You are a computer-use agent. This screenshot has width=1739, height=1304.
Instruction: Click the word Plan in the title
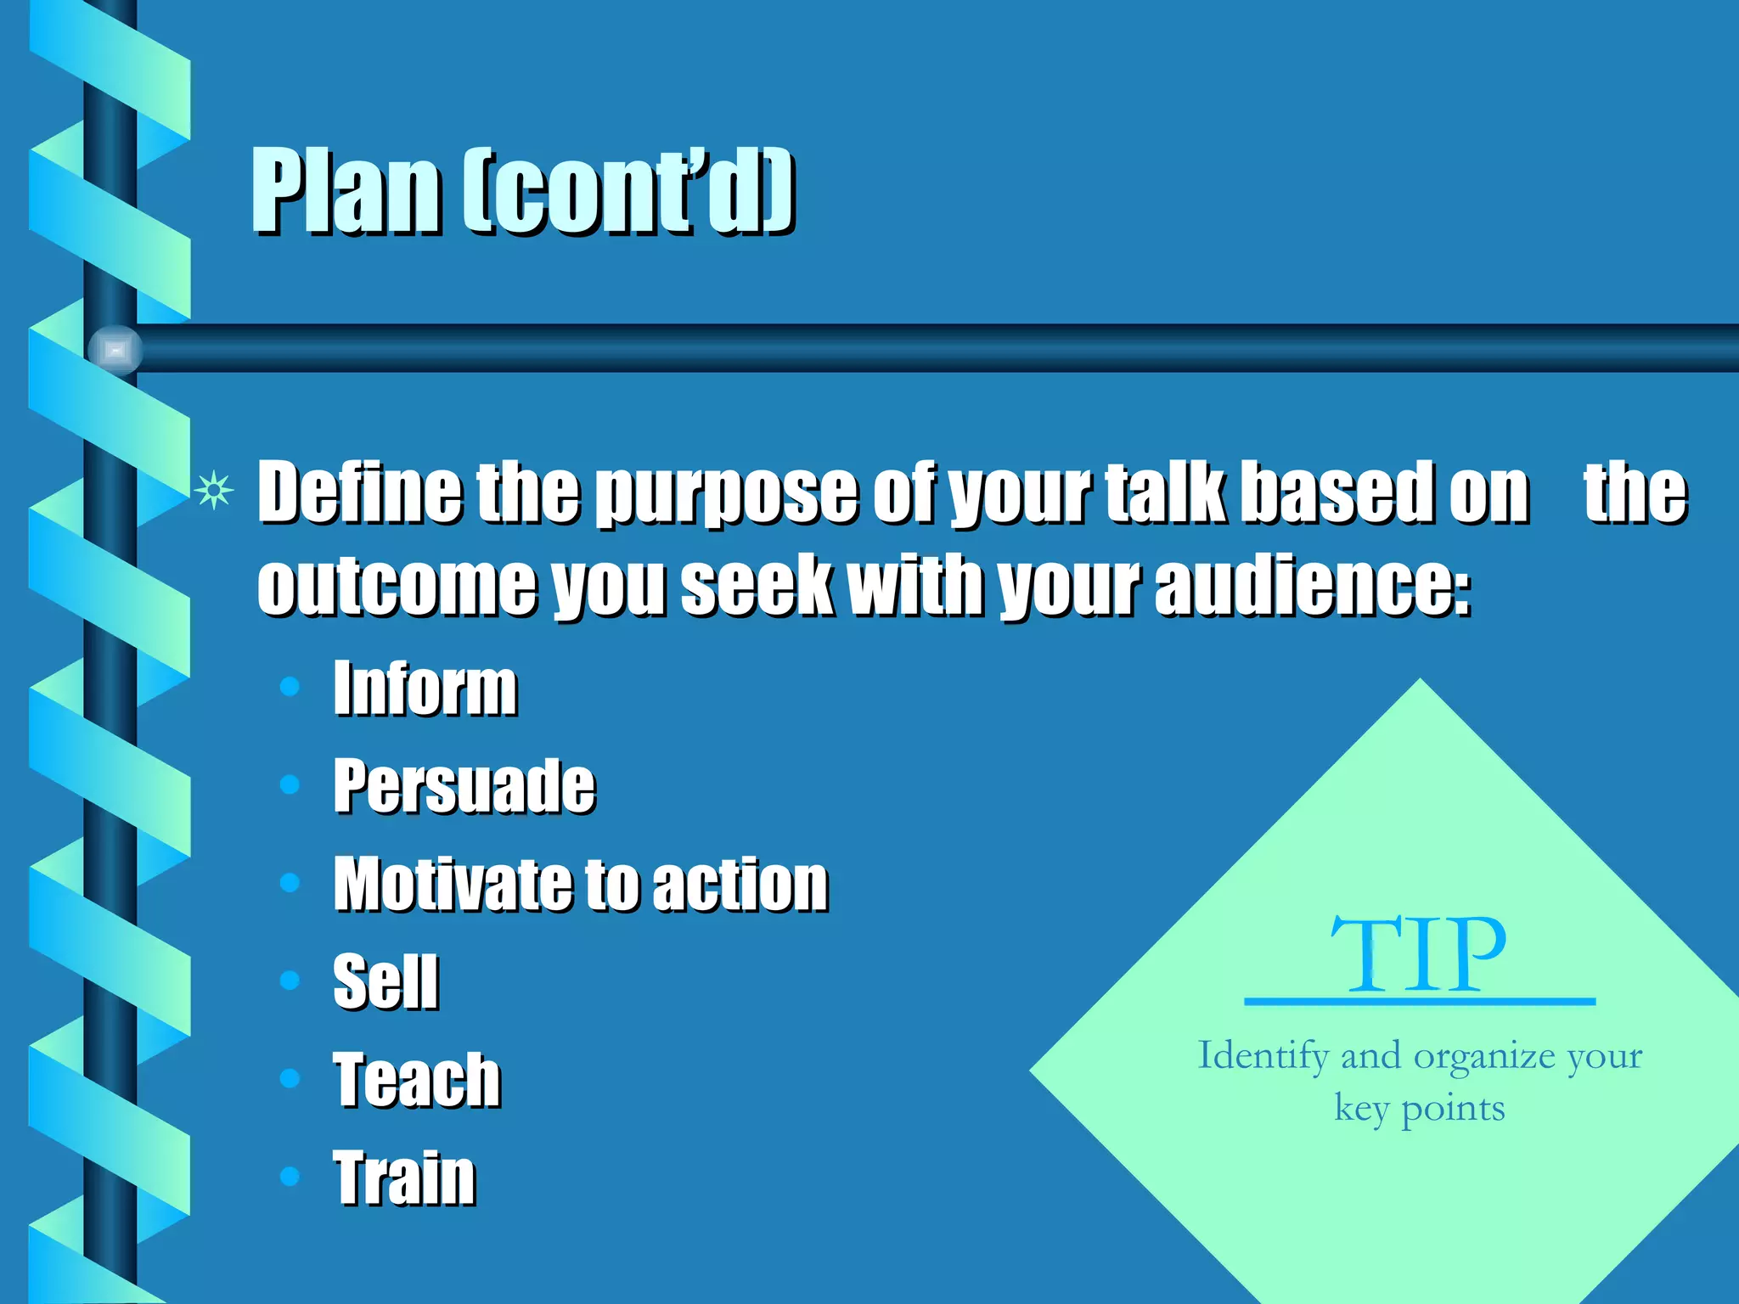346,191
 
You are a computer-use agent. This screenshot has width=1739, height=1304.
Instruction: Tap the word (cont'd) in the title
628,191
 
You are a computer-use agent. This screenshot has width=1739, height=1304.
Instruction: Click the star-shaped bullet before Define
213,490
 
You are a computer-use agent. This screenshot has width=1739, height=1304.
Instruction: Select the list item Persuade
464,786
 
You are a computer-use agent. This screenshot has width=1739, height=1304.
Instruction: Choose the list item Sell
386,981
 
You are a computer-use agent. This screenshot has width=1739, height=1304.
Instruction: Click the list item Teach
416,1079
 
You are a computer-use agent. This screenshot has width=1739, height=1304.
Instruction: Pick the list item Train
404,1177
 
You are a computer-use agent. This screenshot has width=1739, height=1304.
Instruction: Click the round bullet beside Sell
290,981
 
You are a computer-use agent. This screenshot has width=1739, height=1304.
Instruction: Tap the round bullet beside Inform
290,686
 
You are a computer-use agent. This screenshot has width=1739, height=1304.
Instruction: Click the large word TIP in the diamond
1418,955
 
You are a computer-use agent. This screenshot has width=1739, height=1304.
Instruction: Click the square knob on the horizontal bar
115,350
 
